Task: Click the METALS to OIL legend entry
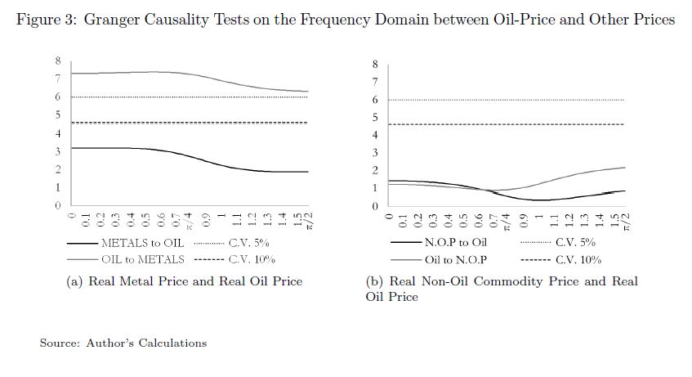[x=142, y=243]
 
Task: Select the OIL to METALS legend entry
[x=142, y=259]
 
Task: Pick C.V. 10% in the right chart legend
[x=578, y=260]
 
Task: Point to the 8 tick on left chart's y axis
[x=57, y=61]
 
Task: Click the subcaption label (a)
[x=72, y=281]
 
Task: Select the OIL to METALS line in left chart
[x=163, y=72]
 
